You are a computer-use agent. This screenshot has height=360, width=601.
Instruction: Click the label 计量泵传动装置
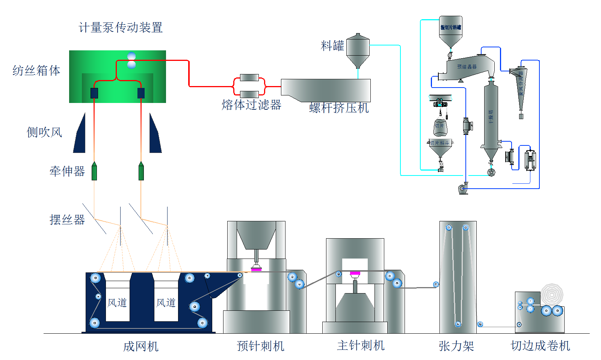(x=121, y=27)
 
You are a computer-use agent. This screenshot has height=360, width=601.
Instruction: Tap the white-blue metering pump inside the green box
(x=131, y=61)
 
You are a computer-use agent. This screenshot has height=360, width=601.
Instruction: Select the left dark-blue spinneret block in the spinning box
(x=94, y=93)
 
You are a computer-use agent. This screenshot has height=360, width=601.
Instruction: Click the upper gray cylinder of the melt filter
(x=249, y=77)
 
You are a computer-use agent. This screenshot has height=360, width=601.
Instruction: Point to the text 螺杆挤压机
(x=339, y=108)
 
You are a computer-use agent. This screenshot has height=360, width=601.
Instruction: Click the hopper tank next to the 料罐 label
(x=358, y=50)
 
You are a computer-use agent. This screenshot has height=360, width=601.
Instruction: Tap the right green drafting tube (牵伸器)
(x=141, y=171)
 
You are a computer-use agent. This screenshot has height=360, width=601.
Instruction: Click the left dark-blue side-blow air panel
(x=80, y=135)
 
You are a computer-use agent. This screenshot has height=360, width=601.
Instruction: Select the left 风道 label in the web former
(x=117, y=303)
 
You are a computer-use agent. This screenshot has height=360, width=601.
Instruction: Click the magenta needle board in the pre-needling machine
(x=256, y=269)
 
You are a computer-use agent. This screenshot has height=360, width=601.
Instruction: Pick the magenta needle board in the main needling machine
(x=355, y=273)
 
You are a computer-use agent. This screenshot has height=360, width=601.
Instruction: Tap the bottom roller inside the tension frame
(x=458, y=324)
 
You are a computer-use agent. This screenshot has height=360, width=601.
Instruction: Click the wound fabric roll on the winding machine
(x=552, y=295)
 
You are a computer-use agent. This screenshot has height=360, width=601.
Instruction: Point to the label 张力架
(x=456, y=346)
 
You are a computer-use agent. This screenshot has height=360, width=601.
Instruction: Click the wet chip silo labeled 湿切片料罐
(x=451, y=30)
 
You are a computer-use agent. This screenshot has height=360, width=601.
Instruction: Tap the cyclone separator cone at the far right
(x=521, y=88)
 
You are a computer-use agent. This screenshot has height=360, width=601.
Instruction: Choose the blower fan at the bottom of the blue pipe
(x=463, y=189)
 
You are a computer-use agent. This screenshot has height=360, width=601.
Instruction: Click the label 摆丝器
(x=67, y=220)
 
